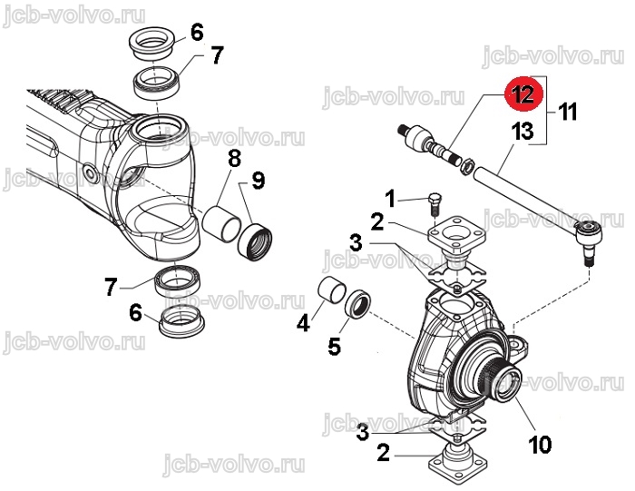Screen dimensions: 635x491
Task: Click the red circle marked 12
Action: click(523, 94)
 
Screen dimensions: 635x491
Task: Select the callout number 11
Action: click(567, 112)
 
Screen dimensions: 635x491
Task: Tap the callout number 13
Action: click(523, 132)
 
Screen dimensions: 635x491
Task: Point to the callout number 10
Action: click(540, 445)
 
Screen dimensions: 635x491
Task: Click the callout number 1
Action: click(389, 199)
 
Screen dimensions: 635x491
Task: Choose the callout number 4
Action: click(303, 323)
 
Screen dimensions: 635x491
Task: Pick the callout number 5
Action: click(335, 347)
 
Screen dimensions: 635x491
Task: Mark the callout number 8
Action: click(235, 159)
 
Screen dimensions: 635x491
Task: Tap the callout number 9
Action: click(259, 181)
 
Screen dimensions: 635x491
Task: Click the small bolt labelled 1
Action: click(435, 205)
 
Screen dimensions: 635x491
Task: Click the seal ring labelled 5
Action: click(358, 306)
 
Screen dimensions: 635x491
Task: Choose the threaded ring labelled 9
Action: click(255, 242)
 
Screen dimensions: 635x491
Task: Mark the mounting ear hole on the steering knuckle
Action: click(515, 344)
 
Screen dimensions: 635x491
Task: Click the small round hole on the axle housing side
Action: click(89, 173)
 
